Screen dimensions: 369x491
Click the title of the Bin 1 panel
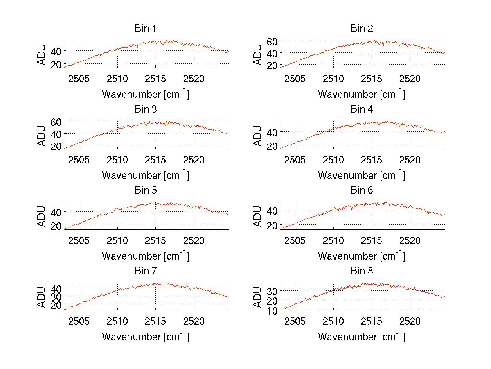(145, 29)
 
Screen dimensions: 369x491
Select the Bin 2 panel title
(362, 29)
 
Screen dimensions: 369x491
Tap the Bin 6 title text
(362, 190)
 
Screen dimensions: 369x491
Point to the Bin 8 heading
(362, 271)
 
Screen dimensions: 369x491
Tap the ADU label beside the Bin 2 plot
(258, 54)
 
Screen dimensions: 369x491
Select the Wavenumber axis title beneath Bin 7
(145, 337)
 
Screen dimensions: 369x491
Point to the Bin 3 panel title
(145, 109)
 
